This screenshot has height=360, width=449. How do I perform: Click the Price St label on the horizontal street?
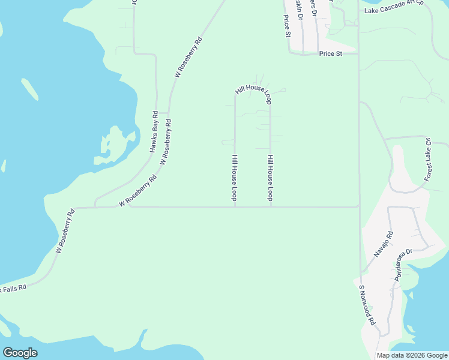(x=330, y=53)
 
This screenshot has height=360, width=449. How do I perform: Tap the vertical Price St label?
(x=287, y=26)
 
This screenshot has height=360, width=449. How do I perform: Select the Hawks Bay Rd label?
(x=154, y=131)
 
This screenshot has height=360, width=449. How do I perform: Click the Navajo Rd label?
(x=383, y=244)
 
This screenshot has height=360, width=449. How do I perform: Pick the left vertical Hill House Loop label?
(x=235, y=178)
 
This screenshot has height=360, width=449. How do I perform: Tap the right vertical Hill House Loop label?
(x=271, y=178)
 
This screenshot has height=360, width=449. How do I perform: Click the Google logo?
(x=20, y=353)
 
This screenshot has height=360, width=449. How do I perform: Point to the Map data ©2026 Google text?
(x=412, y=355)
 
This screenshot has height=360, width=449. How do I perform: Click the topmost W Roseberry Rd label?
(x=188, y=58)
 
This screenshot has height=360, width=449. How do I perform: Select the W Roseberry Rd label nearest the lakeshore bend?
(x=65, y=230)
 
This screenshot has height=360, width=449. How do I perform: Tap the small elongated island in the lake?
(x=30, y=89)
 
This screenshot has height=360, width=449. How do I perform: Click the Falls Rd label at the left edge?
(x=13, y=289)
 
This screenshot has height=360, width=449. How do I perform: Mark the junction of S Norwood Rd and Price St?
(x=358, y=53)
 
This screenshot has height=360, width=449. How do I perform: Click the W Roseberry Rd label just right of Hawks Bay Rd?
(x=166, y=142)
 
